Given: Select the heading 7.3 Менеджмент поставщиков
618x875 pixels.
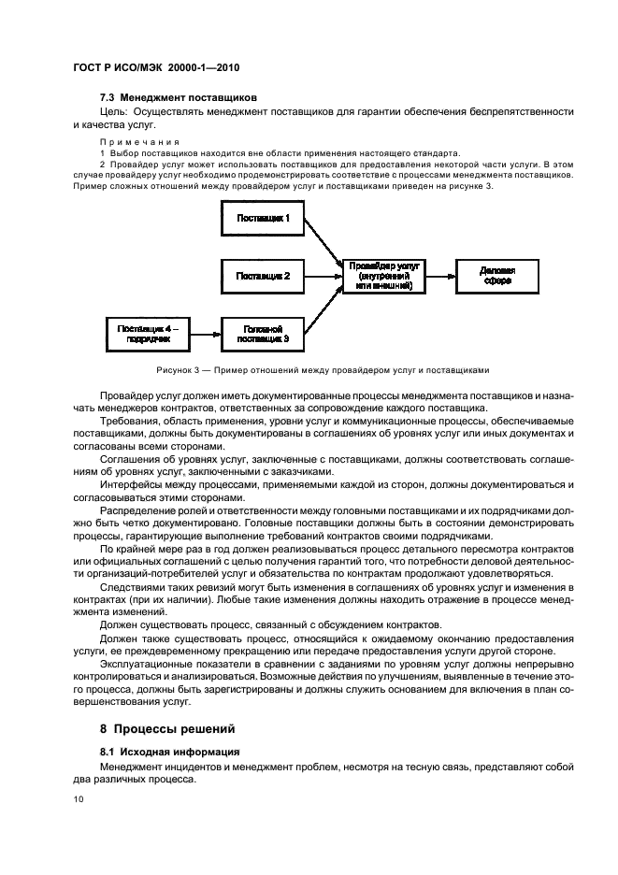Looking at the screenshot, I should pyautogui.click(x=178, y=97).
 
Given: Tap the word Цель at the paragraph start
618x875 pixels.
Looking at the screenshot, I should pyautogui.click(x=114, y=111).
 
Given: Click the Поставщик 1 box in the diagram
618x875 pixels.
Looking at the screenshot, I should pyautogui.click(x=263, y=219).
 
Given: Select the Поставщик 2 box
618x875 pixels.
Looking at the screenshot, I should pyautogui.click(x=263, y=276).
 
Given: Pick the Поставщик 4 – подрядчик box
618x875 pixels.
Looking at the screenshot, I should pyautogui.click(x=148, y=332).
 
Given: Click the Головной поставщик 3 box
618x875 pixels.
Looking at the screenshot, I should pyautogui.click(x=263, y=332).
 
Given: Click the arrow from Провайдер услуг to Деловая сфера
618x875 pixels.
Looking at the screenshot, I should pyautogui.click(x=440, y=276).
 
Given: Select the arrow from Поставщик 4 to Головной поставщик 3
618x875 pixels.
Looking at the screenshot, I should pyautogui.click(x=204, y=332).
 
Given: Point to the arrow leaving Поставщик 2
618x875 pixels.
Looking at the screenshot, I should pyautogui.click(x=323, y=276).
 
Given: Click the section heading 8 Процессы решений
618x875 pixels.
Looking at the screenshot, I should pyautogui.click(x=167, y=727).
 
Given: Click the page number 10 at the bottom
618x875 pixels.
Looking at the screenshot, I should pyautogui.click(x=79, y=799).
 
